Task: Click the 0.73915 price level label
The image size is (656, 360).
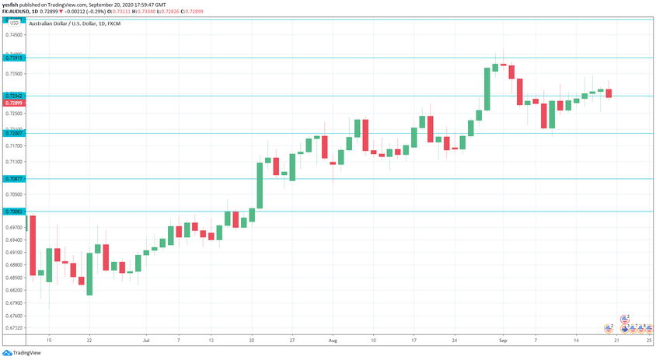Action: click(x=13, y=58)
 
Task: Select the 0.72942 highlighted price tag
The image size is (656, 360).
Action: click(x=13, y=96)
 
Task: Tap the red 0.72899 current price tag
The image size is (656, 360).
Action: click(x=13, y=103)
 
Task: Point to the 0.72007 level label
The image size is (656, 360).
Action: click(x=13, y=134)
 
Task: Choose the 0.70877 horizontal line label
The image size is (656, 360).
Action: click(x=13, y=180)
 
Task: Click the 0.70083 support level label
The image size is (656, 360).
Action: click(x=13, y=211)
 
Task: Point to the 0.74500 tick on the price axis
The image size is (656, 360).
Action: click(x=13, y=35)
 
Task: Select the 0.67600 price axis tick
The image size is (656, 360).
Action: click(x=13, y=316)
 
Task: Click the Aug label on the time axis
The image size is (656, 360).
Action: click(x=332, y=341)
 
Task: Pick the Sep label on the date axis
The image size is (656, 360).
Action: click(x=503, y=341)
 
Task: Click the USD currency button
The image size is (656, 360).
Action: click(x=14, y=23)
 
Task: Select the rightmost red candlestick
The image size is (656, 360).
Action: click(x=609, y=93)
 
